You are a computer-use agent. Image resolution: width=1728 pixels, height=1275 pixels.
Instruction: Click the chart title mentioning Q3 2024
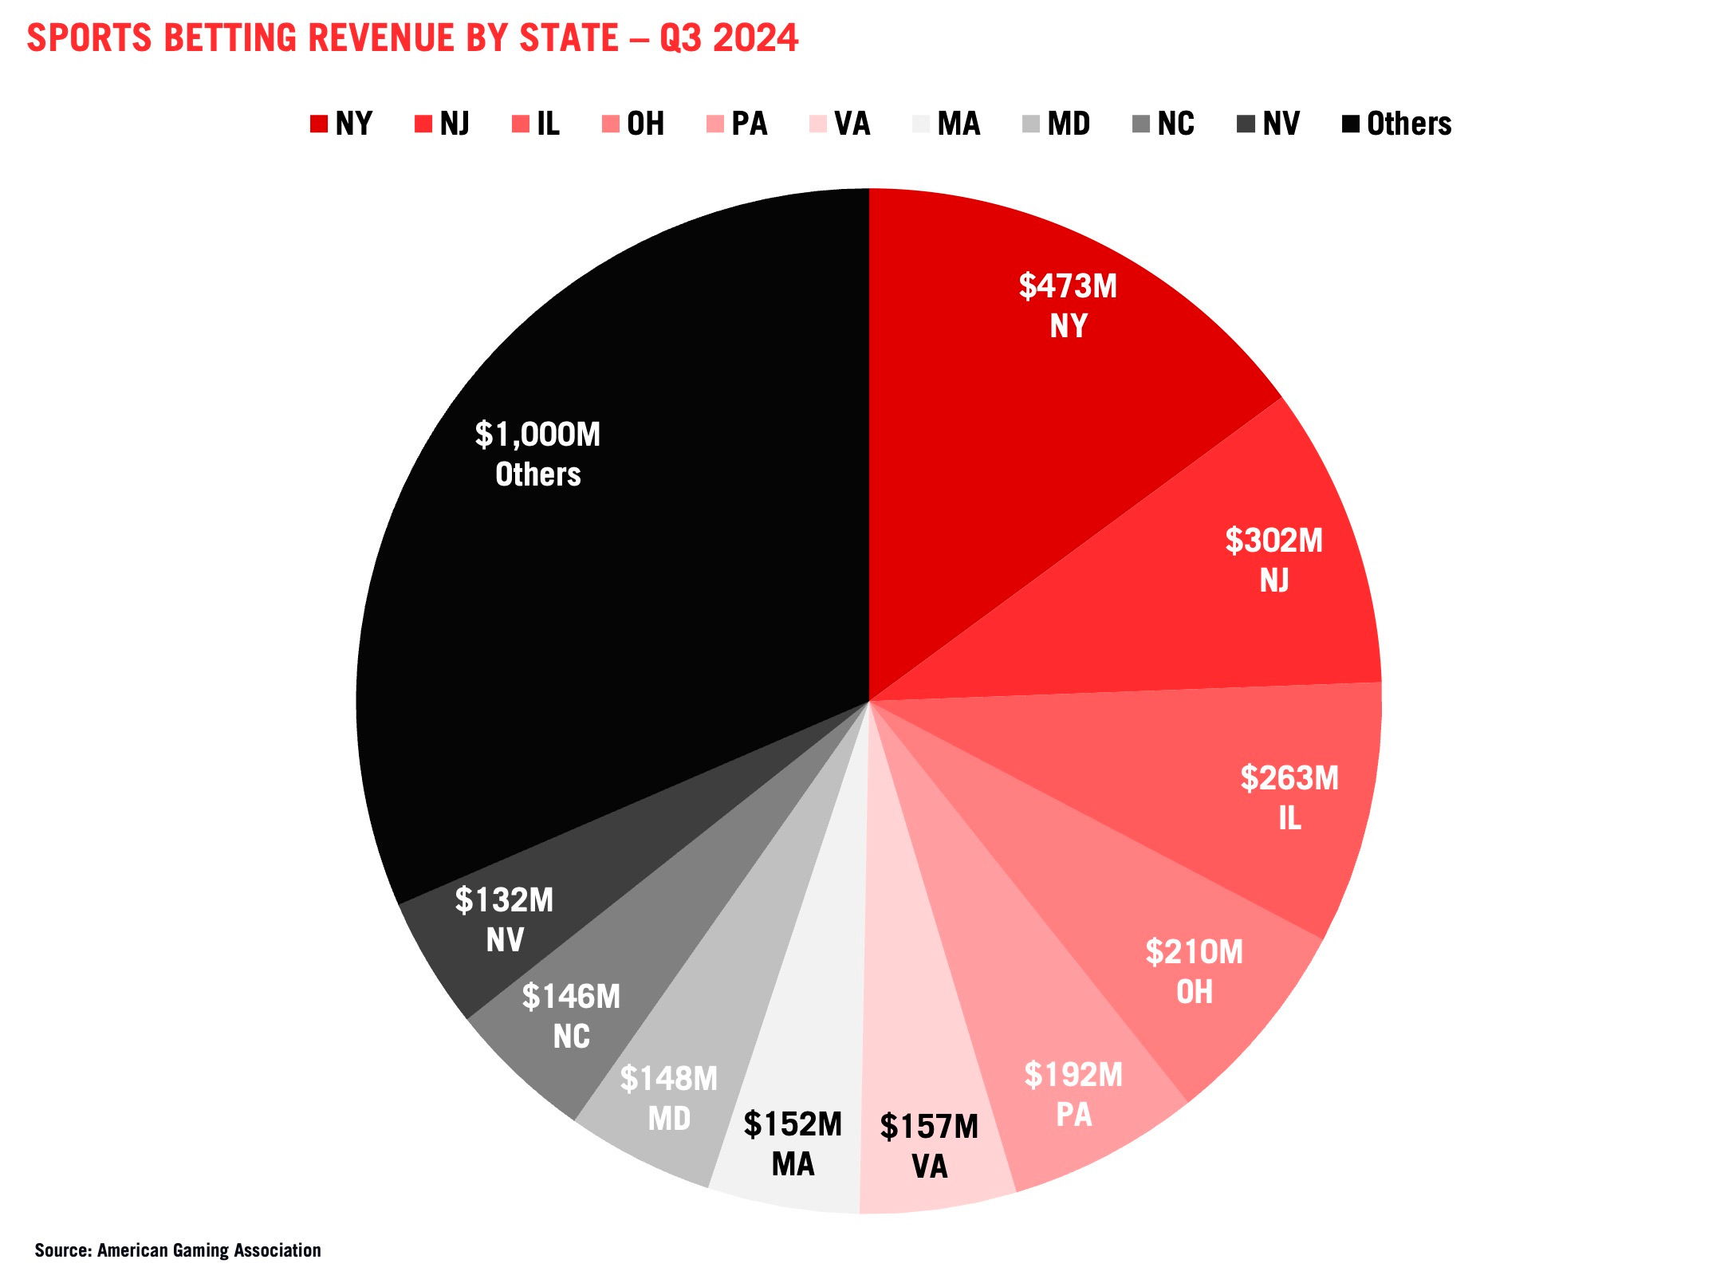411,37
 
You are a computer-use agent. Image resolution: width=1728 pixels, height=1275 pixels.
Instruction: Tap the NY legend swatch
319,124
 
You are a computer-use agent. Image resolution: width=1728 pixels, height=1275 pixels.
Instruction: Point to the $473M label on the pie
1068,286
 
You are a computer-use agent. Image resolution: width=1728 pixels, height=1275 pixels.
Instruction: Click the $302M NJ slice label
1273,541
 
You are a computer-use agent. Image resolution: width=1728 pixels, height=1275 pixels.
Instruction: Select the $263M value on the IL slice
1289,779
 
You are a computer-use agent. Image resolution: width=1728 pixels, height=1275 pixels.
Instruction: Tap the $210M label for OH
1194,953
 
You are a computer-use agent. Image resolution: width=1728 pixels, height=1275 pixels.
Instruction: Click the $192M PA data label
1073,1076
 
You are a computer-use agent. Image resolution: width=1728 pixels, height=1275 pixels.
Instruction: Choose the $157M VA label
929,1127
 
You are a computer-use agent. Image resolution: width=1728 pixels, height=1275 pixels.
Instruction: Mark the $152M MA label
793,1125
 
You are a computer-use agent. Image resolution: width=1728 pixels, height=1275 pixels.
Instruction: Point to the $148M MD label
669,1080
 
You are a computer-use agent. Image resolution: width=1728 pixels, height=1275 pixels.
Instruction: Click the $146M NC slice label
571,998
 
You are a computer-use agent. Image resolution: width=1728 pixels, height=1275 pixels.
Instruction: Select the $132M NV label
504,901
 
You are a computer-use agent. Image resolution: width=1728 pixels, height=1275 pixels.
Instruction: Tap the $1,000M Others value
537,435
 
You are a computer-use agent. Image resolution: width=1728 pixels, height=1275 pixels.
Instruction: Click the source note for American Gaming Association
178,1250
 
